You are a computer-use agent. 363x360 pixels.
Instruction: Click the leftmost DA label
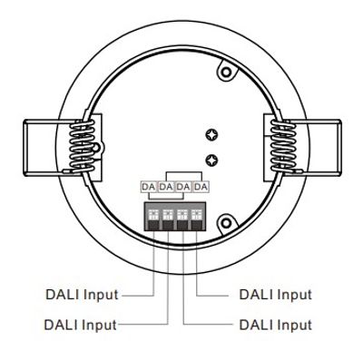(x=148, y=187)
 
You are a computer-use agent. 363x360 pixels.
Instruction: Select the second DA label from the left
(x=165, y=187)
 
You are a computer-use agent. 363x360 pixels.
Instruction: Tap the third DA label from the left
(x=183, y=187)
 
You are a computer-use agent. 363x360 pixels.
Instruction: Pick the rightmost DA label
(x=201, y=187)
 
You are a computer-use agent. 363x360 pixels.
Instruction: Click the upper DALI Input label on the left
(x=83, y=295)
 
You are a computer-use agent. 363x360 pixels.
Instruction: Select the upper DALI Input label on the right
(x=275, y=295)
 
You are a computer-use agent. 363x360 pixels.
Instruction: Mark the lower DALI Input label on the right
(x=275, y=324)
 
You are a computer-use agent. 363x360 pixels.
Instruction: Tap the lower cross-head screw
(x=212, y=161)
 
